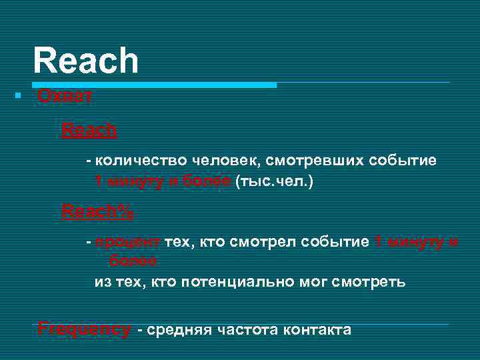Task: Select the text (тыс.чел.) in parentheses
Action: click(274, 181)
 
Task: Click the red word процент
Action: click(127, 242)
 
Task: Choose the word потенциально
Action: click(244, 281)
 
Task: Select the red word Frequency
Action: click(84, 329)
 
